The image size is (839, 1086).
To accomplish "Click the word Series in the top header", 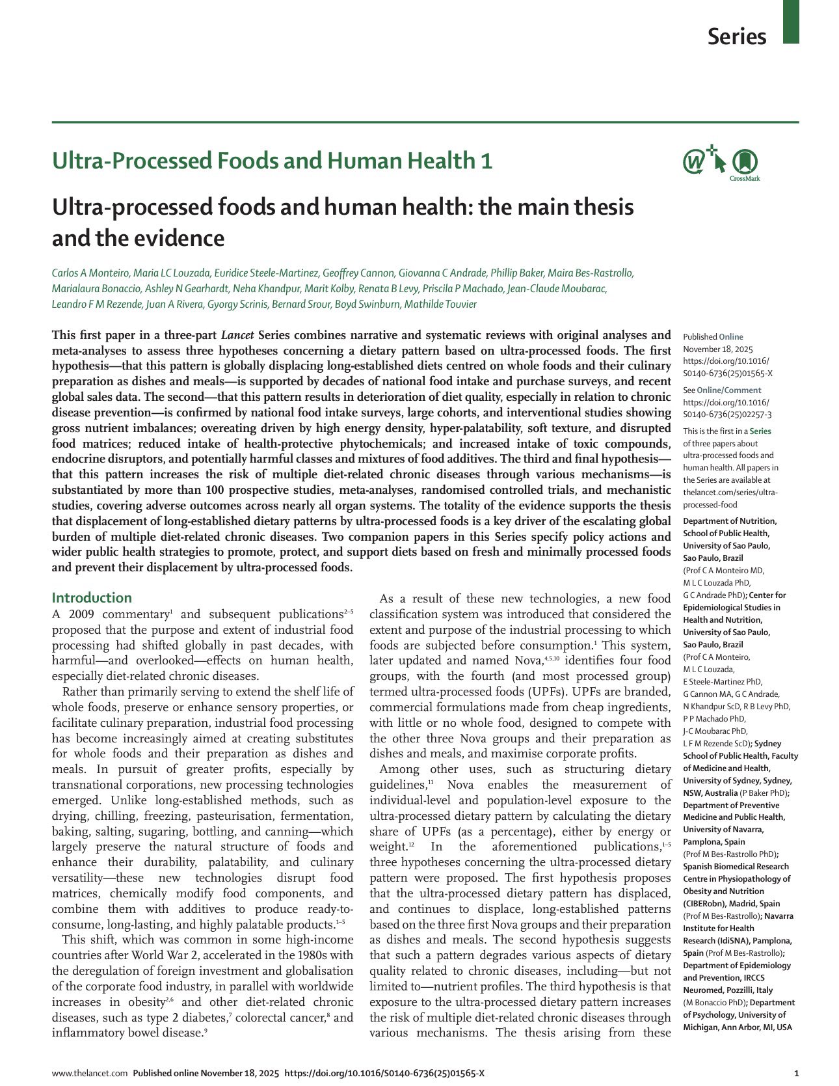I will click(x=737, y=36).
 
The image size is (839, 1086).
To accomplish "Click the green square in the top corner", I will click(x=791, y=21).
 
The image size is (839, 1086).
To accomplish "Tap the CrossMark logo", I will click(x=745, y=163).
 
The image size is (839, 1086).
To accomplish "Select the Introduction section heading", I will click(x=92, y=597).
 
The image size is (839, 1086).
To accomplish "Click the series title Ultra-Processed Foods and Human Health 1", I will click(x=272, y=161).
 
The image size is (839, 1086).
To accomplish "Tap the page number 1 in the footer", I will click(x=797, y=1073).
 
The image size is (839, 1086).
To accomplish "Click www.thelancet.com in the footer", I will click(x=90, y=1073).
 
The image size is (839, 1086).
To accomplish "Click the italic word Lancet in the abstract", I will click(x=237, y=336).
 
